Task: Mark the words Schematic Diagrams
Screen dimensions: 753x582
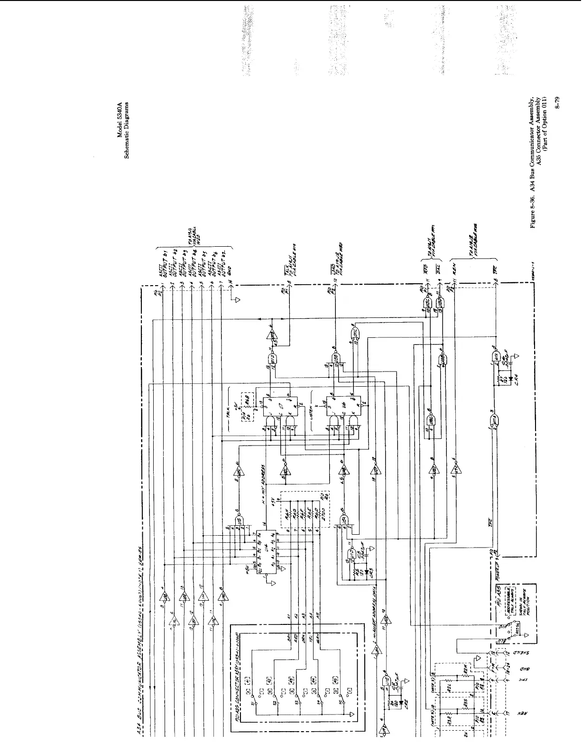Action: [127, 129]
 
